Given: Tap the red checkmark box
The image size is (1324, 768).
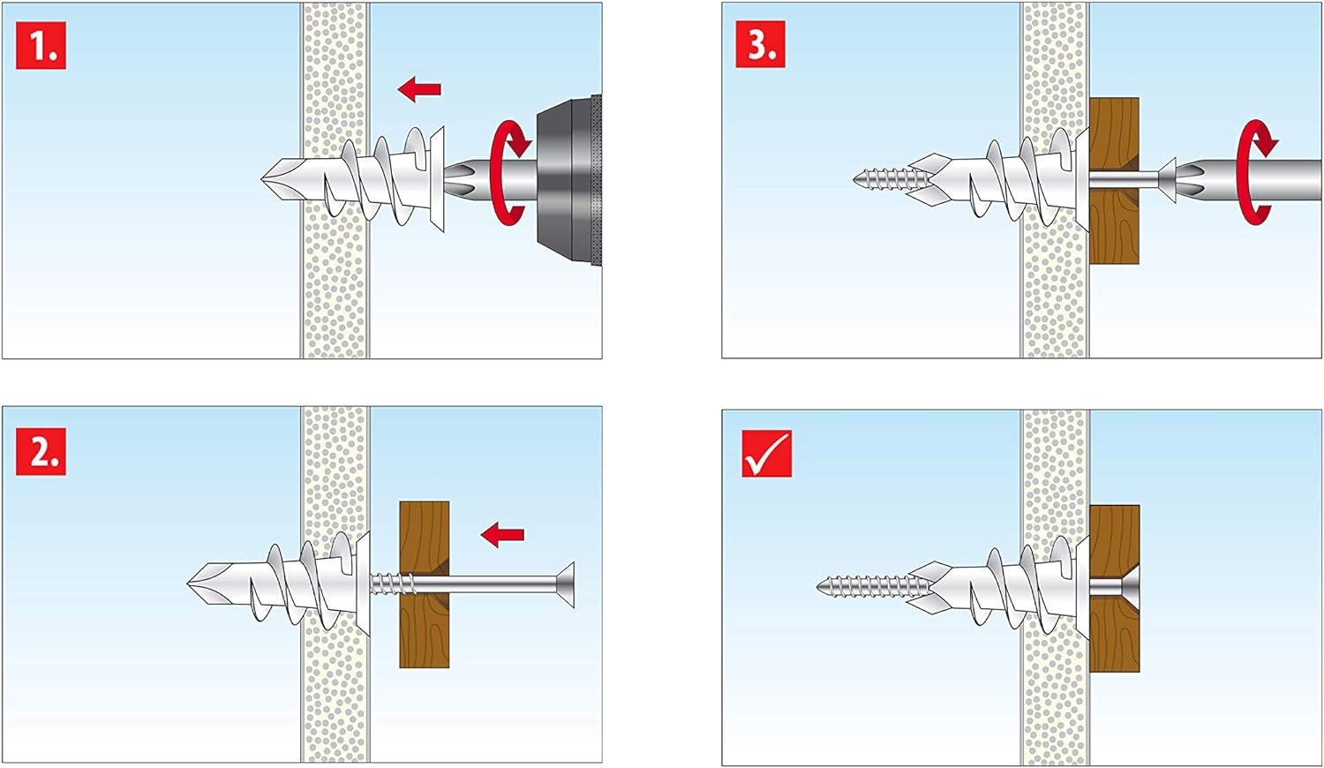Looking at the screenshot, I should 765,453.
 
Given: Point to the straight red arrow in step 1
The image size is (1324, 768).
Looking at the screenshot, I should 419,88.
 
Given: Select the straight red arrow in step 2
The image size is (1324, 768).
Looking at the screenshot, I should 502,534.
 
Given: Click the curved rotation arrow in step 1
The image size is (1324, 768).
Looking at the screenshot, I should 509,173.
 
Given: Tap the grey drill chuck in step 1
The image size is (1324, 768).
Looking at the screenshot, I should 569,180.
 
